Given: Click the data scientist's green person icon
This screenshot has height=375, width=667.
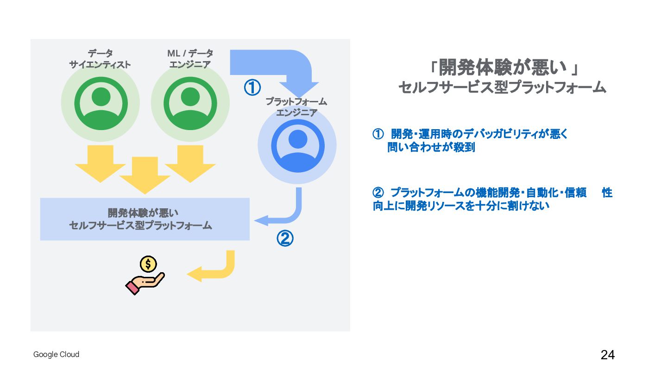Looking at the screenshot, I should pos(101,103).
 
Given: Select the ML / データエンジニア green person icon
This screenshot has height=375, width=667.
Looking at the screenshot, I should pos(190,103).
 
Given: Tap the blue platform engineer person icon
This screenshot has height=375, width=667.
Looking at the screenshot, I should pos(297,145).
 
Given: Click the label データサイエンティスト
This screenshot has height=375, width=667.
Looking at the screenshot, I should pos(100,59).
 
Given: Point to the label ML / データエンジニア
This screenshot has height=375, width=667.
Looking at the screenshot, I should pos(190,59).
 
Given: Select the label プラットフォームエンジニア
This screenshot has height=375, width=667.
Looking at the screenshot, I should pos(296,107).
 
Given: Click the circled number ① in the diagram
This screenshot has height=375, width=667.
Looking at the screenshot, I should pos(252,87).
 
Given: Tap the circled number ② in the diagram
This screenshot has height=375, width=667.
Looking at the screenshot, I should pos(285,238).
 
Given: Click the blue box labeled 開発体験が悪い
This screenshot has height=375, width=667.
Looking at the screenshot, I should pos(145,219).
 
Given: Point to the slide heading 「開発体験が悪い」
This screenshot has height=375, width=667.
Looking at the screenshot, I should pos(503,68).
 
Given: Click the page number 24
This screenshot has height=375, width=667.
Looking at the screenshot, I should pos(608,355).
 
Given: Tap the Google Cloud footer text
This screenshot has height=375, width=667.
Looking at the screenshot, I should pos(56,355).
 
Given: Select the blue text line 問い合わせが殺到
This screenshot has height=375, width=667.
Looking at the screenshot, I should pos(431,148).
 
